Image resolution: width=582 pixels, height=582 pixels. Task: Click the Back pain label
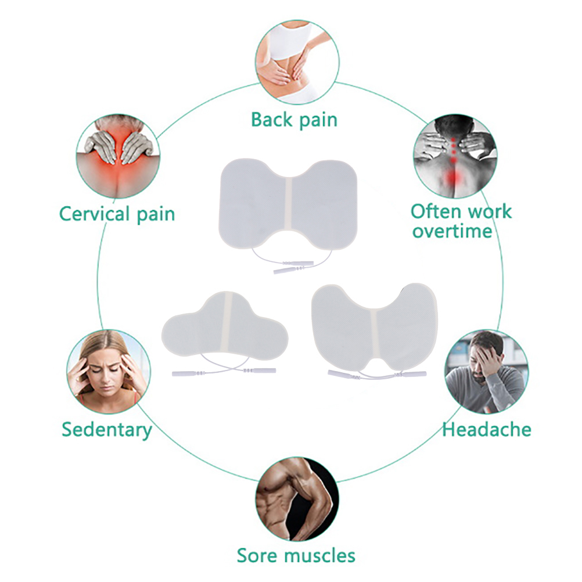[294, 120]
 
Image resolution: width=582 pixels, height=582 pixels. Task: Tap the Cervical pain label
[117, 213]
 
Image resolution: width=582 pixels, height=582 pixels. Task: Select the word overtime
[452, 231]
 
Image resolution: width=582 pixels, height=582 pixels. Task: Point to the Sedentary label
[107, 430]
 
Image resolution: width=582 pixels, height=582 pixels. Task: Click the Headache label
[486, 429]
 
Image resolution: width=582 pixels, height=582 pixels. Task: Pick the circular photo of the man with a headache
[486, 372]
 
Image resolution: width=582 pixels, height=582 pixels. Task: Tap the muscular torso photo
[297, 500]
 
